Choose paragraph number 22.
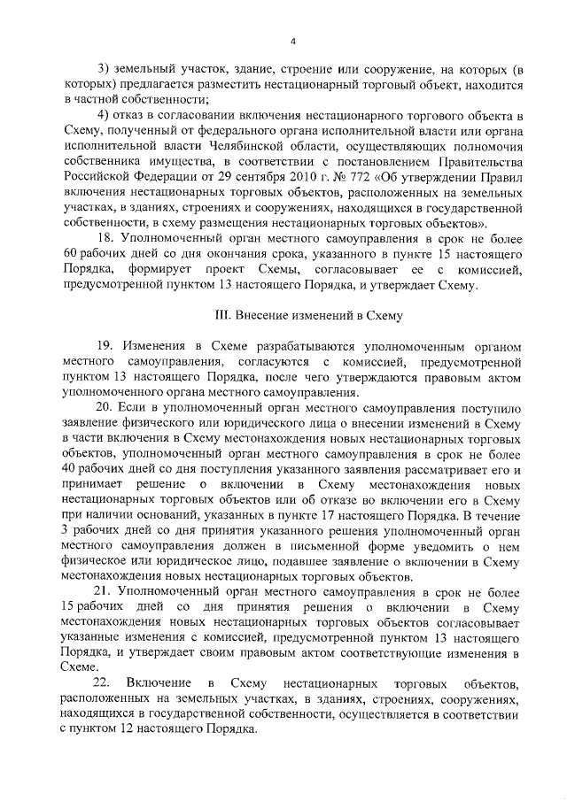click(x=109, y=683)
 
